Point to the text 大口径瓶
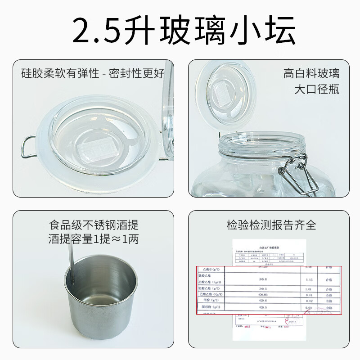click(317, 89)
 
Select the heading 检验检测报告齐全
click(271, 224)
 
